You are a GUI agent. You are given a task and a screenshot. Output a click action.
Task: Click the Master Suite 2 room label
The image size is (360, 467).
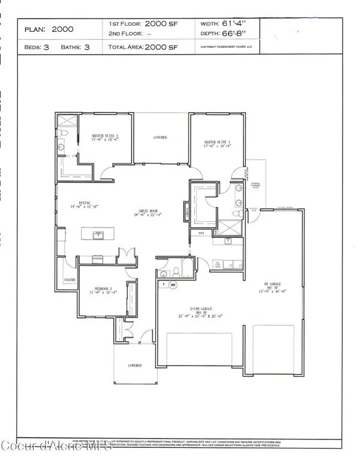105,136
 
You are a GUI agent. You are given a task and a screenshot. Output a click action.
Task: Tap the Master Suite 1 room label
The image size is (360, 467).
218,142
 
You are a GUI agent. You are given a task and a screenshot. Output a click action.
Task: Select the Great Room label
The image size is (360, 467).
151,211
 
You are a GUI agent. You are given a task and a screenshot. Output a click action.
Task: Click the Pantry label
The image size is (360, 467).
69,280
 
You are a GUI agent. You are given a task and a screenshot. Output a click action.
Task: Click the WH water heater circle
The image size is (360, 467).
174,286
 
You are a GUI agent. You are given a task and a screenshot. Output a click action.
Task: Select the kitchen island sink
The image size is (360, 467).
98,235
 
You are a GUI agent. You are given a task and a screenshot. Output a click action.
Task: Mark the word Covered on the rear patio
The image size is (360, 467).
160,137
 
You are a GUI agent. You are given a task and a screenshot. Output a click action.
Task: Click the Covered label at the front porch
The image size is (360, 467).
134,364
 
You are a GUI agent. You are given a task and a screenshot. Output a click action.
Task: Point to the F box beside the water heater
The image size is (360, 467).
162,285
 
